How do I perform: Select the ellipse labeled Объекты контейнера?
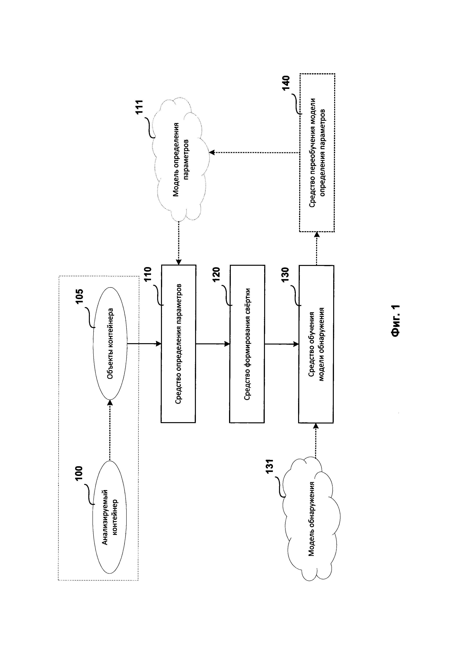(x=110, y=343)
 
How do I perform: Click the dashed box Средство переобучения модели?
(x=317, y=153)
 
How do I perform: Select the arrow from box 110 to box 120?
(x=213, y=344)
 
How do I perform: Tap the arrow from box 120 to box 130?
(x=281, y=344)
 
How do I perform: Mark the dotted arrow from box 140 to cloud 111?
(x=255, y=152)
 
